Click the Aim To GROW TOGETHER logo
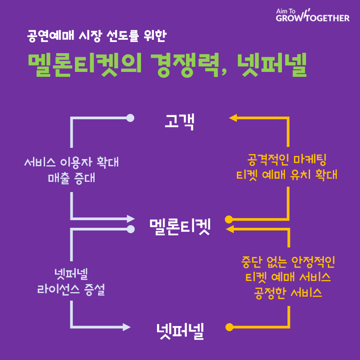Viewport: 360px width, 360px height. (x=312, y=15)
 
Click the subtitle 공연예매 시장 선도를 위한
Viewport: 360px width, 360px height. (x=96, y=36)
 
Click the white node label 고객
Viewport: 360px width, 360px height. (x=179, y=121)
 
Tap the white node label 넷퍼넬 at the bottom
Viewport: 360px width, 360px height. (x=180, y=331)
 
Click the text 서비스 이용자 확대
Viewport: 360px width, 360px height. (x=71, y=162)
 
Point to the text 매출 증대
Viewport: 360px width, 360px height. (x=71, y=179)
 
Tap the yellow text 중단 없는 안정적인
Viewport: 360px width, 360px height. (x=288, y=260)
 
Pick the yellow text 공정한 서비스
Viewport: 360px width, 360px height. (x=288, y=293)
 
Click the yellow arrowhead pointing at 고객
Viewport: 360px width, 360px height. (x=233, y=118)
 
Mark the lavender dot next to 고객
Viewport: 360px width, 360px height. (x=130, y=118)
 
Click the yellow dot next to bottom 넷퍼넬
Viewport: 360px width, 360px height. (x=229, y=327)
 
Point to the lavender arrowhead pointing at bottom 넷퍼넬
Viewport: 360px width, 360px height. (x=127, y=327)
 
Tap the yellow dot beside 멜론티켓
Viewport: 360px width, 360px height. (x=229, y=219)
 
